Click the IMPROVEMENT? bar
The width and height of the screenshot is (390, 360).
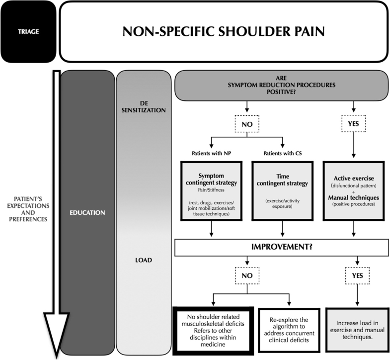click(282, 247)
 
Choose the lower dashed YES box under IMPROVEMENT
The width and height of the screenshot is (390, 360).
click(353, 274)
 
